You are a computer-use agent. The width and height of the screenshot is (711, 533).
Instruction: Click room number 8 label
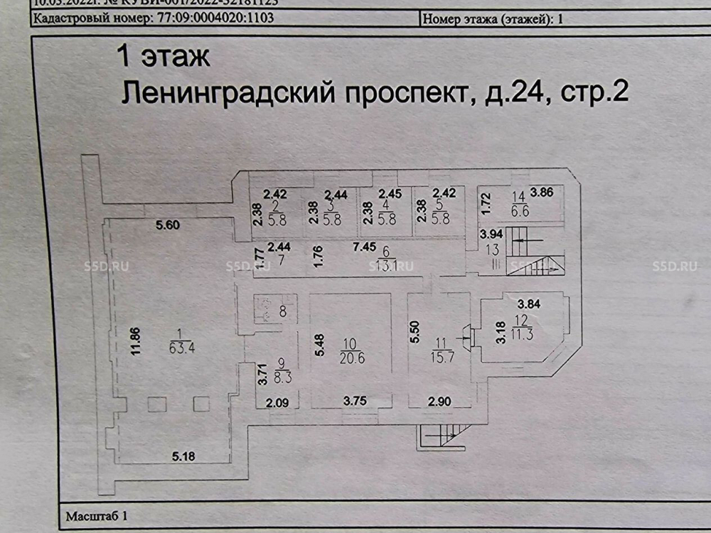click(283, 311)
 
